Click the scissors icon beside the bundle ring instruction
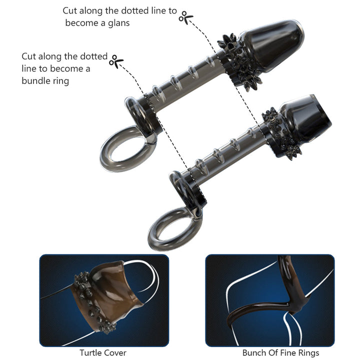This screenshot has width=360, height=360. [x=116, y=61]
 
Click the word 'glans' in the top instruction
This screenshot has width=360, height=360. [x=118, y=23]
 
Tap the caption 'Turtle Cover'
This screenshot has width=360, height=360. [x=103, y=353]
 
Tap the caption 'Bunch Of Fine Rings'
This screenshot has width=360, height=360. [x=280, y=353]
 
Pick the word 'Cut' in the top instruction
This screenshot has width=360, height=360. [x=70, y=10]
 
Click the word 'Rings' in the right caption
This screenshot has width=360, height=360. [x=307, y=353]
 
